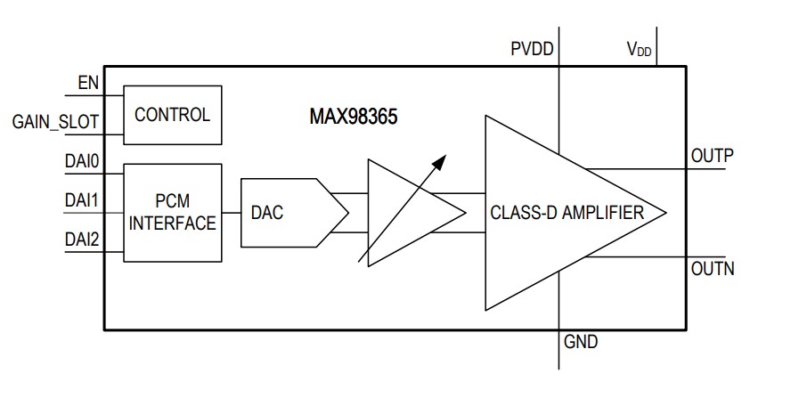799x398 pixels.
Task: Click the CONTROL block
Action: pyautogui.click(x=172, y=115)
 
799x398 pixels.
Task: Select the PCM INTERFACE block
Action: pyautogui.click(x=172, y=212)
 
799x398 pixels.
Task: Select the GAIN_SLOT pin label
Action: pyautogui.click(x=55, y=122)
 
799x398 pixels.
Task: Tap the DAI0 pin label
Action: pyautogui.click(x=81, y=161)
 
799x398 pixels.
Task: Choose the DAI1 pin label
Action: pyautogui.click(x=81, y=201)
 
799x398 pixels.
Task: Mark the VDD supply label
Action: pyautogui.click(x=639, y=50)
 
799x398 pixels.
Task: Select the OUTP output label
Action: pyautogui.click(x=712, y=156)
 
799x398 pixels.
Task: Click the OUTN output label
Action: pyautogui.click(x=712, y=268)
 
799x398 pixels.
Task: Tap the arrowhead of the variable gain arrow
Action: pyautogui.click(x=438, y=161)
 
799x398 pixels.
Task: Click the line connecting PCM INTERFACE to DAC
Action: pyautogui.click(x=231, y=213)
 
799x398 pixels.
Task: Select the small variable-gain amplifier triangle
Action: pyautogui.click(x=405, y=213)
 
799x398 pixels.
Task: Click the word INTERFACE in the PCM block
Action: pyautogui.click(x=172, y=223)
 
